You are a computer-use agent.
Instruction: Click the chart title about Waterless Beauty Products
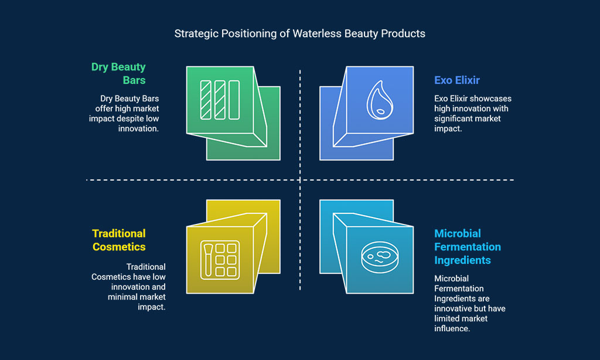(299, 33)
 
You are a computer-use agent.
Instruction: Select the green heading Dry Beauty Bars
(118, 73)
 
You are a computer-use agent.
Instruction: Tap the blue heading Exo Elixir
(457, 80)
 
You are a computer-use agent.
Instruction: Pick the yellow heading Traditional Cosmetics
(119, 240)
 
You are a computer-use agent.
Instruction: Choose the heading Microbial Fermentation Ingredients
(467, 247)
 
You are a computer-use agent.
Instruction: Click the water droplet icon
(380, 100)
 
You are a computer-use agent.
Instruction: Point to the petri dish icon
(380, 257)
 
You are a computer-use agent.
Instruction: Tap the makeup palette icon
(220, 260)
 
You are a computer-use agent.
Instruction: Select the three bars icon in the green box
(220, 100)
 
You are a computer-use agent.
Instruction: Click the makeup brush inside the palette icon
(208, 260)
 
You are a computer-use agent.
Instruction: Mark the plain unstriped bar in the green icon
(234, 100)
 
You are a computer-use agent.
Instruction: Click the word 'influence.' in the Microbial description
(452, 328)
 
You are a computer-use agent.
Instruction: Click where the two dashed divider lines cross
(300, 179)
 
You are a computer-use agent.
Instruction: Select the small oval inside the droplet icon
(380, 111)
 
